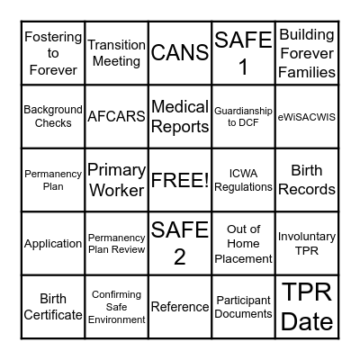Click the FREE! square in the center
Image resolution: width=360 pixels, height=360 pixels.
click(x=180, y=179)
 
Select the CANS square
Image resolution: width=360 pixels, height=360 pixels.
click(x=180, y=52)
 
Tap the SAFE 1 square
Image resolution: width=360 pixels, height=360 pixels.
click(x=243, y=52)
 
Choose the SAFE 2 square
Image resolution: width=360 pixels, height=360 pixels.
click(x=180, y=243)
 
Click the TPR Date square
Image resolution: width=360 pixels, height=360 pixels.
click(x=307, y=306)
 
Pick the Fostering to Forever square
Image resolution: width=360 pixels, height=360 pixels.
click(x=53, y=52)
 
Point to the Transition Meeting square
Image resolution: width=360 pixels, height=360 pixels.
click(x=116, y=52)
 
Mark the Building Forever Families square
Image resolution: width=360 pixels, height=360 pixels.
click(x=307, y=52)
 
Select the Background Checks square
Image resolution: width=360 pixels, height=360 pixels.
click(x=53, y=116)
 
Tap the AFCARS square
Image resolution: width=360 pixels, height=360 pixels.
click(x=116, y=116)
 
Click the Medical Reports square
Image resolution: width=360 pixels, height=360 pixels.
click(x=180, y=116)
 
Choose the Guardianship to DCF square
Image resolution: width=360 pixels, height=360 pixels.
click(x=243, y=116)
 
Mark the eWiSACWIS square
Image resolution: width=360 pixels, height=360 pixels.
click(x=307, y=116)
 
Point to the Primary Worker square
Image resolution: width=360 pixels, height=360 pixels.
click(x=116, y=179)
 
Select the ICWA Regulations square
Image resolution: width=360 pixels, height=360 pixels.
click(x=243, y=179)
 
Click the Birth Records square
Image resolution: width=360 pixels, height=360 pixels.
click(x=307, y=179)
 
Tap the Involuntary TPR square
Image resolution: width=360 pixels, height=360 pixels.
click(x=307, y=243)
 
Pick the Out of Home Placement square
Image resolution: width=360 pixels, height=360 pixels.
click(x=243, y=243)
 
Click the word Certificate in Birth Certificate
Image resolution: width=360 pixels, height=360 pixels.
click(x=53, y=315)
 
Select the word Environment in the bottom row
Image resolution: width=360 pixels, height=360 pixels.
click(x=116, y=319)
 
